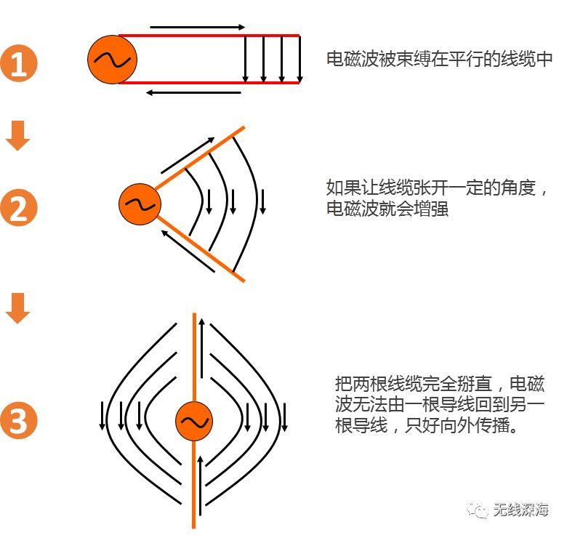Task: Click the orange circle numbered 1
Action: coord(18,64)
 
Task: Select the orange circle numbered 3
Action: coord(18,420)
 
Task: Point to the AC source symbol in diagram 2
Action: coord(140,204)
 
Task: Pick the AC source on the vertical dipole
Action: coord(193,422)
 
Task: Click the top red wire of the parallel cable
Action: coord(211,35)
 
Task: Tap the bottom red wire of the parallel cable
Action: coord(211,83)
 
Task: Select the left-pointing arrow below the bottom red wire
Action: coord(193,92)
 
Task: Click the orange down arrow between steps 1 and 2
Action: coord(18,136)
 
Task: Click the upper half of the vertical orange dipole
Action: coord(194,356)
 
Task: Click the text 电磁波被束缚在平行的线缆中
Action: coord(440,60)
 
